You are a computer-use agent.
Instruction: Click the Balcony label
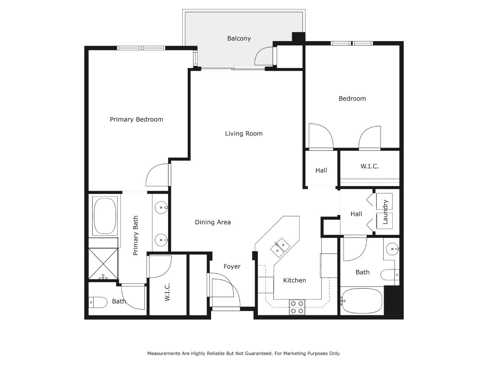239,39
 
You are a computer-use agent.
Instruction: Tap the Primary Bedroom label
136,119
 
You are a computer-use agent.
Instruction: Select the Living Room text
244,134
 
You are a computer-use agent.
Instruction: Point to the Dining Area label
213,222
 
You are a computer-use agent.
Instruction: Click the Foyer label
232,267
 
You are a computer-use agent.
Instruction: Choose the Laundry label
385,212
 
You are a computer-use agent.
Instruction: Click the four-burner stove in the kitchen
297,307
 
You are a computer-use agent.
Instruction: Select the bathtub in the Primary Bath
105,216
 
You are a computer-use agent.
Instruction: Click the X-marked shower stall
103,263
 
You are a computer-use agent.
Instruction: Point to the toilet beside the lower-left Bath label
98,302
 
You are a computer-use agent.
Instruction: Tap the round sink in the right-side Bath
392,249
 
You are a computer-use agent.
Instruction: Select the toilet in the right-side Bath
389,274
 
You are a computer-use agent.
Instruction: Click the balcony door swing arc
263,56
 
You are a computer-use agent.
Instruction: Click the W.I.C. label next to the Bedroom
369,166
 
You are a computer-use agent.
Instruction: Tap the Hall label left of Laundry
356,214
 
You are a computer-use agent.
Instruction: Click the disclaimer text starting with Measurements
244,353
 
